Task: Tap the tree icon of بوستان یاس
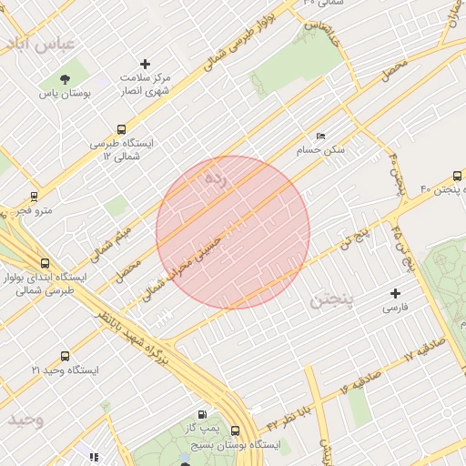coord(65,79)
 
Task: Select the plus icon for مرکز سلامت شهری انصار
coord(145,64)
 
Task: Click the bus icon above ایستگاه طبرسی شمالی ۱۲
coord(122,130)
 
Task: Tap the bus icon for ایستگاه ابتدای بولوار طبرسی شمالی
coord(45,263)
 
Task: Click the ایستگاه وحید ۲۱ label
coord(65,370)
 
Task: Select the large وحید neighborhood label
coord(26,420)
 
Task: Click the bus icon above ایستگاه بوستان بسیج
coord(236,431)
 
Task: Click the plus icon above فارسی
coord(395,293)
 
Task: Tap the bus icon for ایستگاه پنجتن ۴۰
coord(457,177)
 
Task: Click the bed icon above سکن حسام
coord(320,136)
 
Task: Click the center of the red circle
coord(233,232)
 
